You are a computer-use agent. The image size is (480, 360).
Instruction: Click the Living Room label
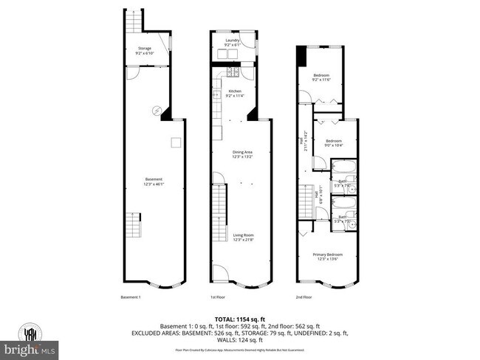[x=243, y=237]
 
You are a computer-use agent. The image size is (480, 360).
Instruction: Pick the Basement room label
[x=154, y=181]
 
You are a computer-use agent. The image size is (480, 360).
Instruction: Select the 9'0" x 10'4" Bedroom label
[x=334, y=142]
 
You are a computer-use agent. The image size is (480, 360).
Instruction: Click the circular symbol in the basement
[x=157, y=111]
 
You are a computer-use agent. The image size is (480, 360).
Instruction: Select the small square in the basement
[x=176, y=142]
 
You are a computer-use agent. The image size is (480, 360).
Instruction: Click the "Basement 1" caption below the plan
[x=131, y=297]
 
